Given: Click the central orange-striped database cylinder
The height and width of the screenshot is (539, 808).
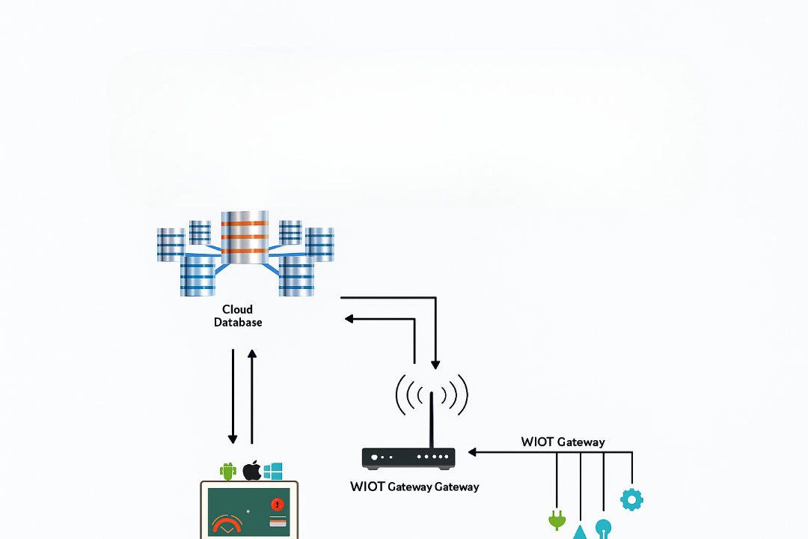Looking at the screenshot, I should point(245,237).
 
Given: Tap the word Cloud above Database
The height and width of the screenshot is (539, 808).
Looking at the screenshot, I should point(237,309).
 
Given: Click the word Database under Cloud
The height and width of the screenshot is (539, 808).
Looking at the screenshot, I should point(238,323).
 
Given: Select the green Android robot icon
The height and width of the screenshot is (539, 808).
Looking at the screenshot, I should point(228,471).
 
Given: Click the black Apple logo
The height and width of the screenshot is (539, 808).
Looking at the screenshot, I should point(251,471).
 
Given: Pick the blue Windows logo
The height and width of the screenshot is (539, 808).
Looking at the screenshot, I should point(273,471).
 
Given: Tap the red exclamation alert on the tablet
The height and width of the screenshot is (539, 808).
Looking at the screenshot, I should point(278,505).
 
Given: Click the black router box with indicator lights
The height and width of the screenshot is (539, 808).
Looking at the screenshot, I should point(408,457).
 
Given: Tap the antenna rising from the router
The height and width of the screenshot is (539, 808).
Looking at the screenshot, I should point(431,419).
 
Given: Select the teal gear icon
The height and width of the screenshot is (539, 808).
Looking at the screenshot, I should point(631,499).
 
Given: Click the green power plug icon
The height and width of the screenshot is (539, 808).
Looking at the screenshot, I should point(556,519).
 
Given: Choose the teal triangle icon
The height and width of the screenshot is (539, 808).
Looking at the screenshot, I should point(581,532).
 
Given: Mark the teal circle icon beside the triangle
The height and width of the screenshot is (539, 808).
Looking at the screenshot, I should point(603,528).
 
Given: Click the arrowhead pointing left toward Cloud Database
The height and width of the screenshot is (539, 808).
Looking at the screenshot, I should point(349,319).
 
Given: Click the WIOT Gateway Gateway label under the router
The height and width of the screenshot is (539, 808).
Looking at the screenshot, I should point(414,487).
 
